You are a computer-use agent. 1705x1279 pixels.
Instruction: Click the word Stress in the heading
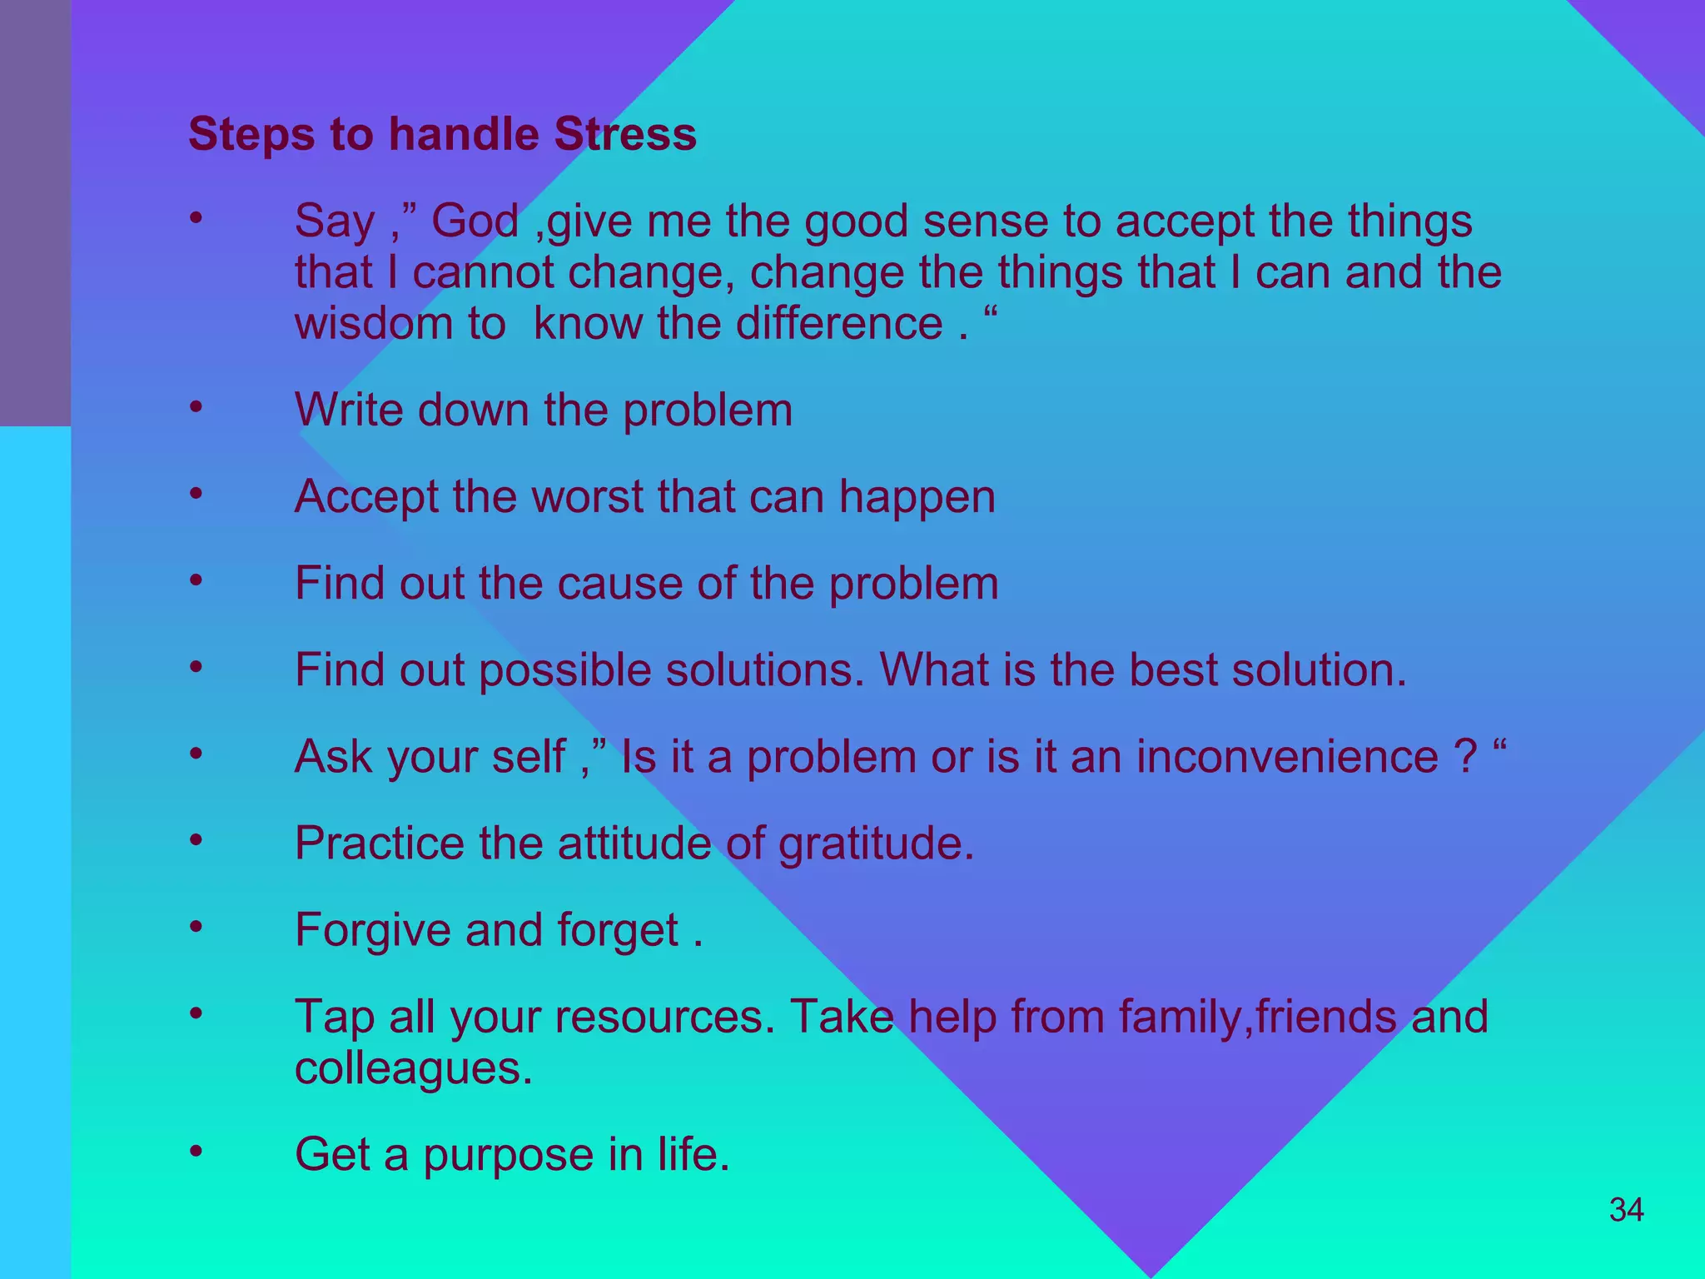[625, 134]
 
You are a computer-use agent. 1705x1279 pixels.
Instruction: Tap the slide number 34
[1626, 1210]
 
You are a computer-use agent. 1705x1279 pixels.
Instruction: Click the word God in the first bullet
[475, 221]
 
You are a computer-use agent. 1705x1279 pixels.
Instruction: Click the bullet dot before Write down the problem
[196, 407]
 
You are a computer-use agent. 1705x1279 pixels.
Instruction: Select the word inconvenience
[1287, 757]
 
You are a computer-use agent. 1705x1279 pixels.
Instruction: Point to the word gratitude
[876, 844]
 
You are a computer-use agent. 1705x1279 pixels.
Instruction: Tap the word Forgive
[373, 931]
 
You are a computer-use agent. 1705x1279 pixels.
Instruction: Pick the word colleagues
[413, 1069]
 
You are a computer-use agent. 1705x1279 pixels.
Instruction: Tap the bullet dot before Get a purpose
[196, 1152]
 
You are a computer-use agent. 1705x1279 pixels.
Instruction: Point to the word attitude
[633, 844]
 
